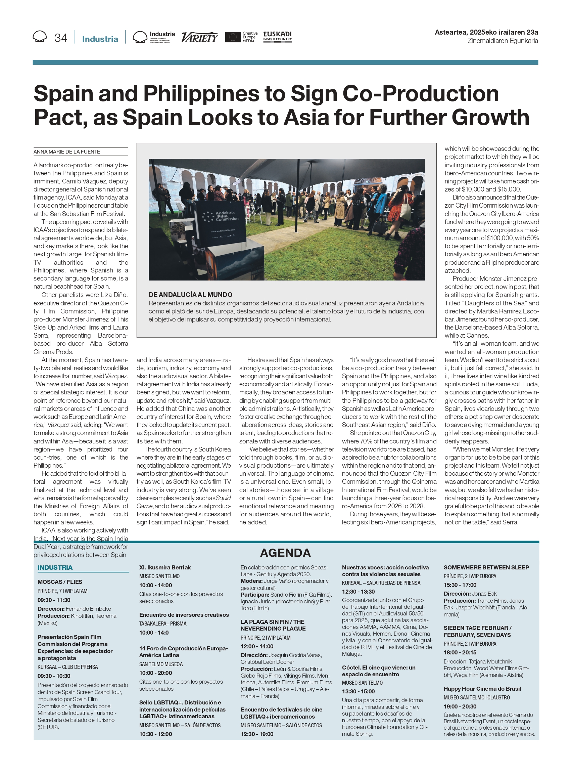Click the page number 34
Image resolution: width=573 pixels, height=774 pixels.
click(x=61, y=38)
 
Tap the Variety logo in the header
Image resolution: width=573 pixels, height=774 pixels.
click(x=199, y=37)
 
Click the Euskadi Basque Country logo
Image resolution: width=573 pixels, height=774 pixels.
click(x=277, y=36)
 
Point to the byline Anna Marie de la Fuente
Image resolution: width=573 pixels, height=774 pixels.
click(x=66, y=152)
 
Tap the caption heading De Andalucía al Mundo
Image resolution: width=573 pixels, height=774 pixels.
click(x=190, y=295)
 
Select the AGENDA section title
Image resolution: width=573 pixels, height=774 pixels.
click(x=285, y=553)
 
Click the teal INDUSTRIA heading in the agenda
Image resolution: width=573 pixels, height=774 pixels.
click(x=55, y=567)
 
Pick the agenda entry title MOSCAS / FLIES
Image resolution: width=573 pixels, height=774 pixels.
click(x=60, y=582)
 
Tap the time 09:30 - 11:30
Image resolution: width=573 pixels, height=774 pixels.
click(x=54, y=600)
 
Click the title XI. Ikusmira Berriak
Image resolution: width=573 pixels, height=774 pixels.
click(x=165, y=567)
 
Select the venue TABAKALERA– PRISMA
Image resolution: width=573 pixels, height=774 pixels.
click(x=163, y=624)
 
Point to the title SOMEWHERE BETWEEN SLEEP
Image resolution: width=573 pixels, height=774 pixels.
click(x=486, y=567)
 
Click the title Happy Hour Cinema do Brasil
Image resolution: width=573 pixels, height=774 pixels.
click(x=482, y=689)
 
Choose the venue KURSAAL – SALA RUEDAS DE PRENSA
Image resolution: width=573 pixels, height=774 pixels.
click(x=381, y=583)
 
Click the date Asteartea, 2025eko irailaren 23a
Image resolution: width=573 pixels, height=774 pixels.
click(x=486, y=32)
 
